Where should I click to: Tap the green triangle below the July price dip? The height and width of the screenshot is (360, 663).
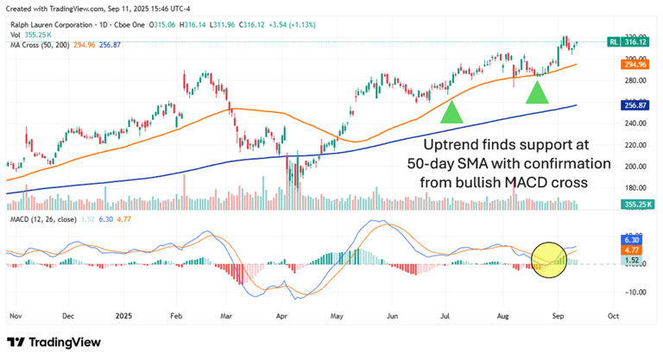451,112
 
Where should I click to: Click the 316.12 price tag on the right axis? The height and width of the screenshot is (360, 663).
635,41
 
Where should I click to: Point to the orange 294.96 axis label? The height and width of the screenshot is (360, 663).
635,64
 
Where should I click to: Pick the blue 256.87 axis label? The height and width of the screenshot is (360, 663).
635,104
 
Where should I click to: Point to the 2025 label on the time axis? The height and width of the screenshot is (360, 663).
125,316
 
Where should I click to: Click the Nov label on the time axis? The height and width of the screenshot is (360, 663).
14,316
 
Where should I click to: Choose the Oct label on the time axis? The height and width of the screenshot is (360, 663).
613,316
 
